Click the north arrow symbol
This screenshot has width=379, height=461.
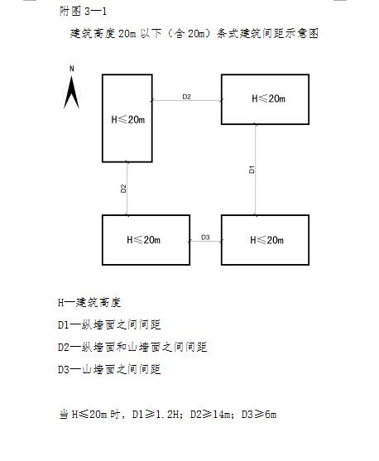click(x=71, y=93)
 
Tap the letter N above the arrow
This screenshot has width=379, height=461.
click(x=71, y=69)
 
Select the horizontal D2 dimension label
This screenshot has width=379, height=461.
click(x=187, y=97)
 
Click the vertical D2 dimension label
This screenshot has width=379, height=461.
click(x=123, y=189)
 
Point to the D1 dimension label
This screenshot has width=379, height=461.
click(x=252, y=170)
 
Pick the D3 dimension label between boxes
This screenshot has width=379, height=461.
click(x=205, y=237)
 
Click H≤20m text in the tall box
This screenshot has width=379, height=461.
click(x=128, y=119)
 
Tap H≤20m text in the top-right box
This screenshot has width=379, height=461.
click(x=268, y=98)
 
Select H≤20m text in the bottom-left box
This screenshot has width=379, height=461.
click(x=143, y=240)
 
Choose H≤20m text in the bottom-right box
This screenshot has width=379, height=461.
click(x=266, y=240)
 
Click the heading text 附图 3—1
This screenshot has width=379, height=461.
click(x=83, y=11)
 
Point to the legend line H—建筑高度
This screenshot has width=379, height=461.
click(x=89, y=302)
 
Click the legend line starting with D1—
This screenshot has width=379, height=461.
click(x=109, y=324)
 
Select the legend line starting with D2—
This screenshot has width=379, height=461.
click(x=132, y=347)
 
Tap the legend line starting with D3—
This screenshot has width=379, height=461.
click(x=109, y=369)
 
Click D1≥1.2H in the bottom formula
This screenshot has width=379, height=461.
click(x=156, y=415)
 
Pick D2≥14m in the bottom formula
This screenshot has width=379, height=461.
click(x=210, y=415)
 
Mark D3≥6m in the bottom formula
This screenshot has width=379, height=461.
click(x=259, y=415)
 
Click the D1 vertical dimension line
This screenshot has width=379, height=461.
click(x=255, y=170)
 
